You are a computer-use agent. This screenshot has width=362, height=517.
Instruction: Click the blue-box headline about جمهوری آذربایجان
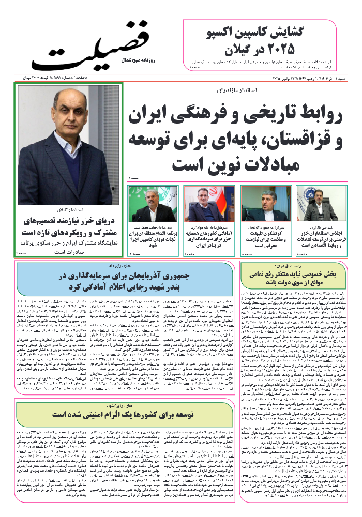coord(126,280)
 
